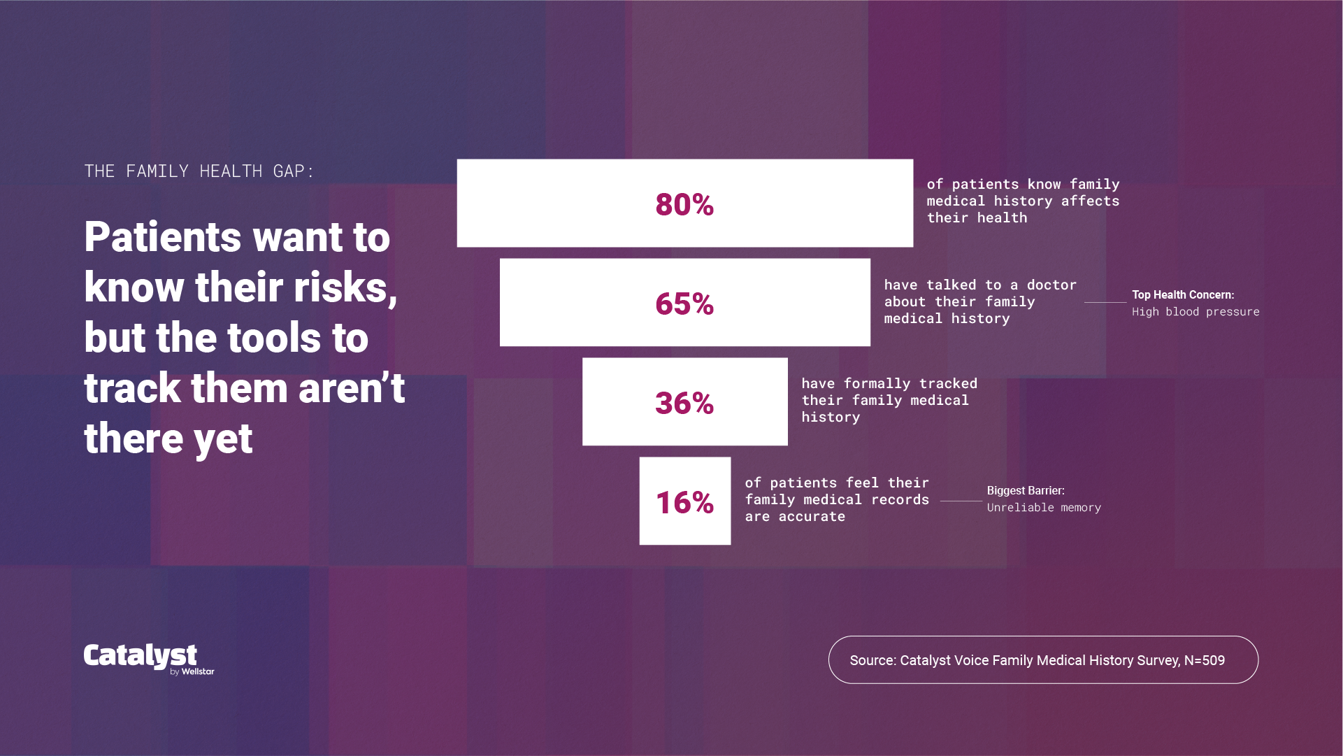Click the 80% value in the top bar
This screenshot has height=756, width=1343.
click(x=684, y=204)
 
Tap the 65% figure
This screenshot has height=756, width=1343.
click(x=684, y=304)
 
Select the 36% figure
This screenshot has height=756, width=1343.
click(x=684, y=403)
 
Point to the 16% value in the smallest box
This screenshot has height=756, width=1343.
click(x=684, y=502)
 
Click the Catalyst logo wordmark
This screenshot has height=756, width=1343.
click(x=140, y=655)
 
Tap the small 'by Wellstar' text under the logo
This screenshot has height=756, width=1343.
click(x=192, y=671)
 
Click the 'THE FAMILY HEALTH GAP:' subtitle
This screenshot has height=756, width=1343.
click(x=199, y=171)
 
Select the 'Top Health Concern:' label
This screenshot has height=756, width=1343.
click(x=1183, y=295)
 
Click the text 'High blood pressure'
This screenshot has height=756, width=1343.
click(x=1195, y=312)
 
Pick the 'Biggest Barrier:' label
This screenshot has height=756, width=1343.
click(x=1026, y=491)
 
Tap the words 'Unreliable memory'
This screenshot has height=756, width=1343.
click(x=1044, y=508)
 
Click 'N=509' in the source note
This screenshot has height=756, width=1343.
click(x=1204, y=660)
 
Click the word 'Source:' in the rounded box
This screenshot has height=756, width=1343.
click(x=872, y=660)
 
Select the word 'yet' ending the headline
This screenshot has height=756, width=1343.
click(x=223, y=439)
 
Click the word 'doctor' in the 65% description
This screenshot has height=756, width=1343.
click(x=1051, y=285)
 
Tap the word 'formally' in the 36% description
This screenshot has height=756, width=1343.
click(x=877, y=383)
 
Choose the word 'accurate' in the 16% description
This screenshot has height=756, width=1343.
click(x=812, y=516)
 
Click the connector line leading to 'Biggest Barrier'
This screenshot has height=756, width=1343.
click(x=961, y=501)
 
